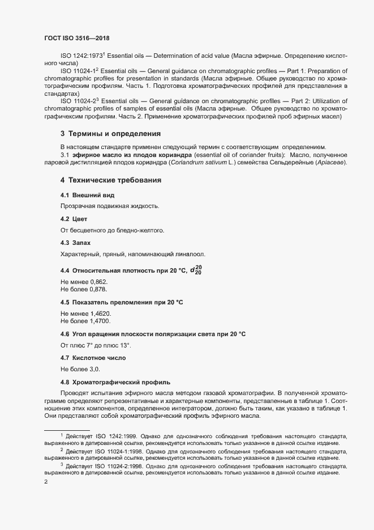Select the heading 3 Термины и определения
click(111, 134)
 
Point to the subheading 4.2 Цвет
click(74, 219)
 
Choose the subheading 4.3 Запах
click(75, 243)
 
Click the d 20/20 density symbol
click(195, 270)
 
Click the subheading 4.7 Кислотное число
click(93, 358)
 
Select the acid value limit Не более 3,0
click(80, 369)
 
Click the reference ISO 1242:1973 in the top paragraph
click(81, 57)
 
